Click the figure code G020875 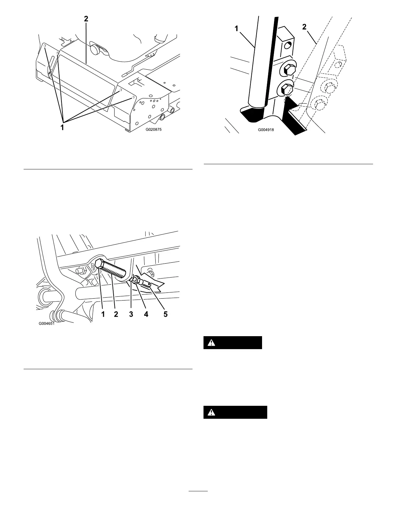pos(153,129)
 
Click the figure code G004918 pos(266,129)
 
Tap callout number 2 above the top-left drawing pos(86,19)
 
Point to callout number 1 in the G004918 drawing pos(236,29)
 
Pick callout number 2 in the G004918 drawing pos(304,28)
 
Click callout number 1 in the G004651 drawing pos(103,314)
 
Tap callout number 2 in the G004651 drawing pos(116,314)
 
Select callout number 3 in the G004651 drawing pos(131,314)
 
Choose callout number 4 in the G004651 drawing pos(146,314)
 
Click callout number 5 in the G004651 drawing pos(166,314)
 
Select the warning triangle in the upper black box pos(211,343)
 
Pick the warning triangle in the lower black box pos(211,412)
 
